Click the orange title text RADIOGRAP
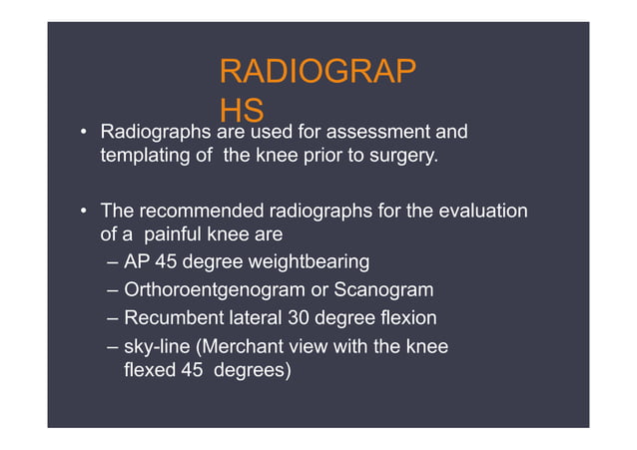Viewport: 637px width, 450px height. [318, 73]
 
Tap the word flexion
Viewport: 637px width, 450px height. [406, 319]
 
